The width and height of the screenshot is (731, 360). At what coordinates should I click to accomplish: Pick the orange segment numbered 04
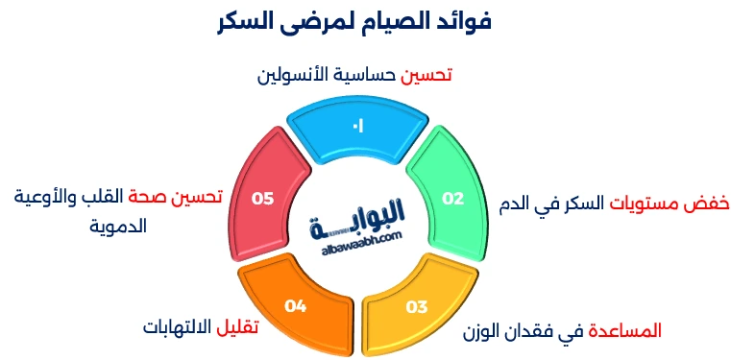tap(295, 306)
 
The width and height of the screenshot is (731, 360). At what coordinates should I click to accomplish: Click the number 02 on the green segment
tap(452, 198)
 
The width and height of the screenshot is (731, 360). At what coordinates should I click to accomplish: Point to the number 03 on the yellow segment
tap(417, 307)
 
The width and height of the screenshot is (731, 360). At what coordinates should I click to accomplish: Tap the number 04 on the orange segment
tap(295, 307)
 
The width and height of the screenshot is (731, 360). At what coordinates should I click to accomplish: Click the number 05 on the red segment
tap(262, 198)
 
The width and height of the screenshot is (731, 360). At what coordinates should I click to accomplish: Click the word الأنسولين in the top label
tap(294, 73)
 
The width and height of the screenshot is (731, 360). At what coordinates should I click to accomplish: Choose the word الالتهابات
tap(180, 326)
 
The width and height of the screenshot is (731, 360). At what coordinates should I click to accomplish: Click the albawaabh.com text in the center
tap(358, 245)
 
